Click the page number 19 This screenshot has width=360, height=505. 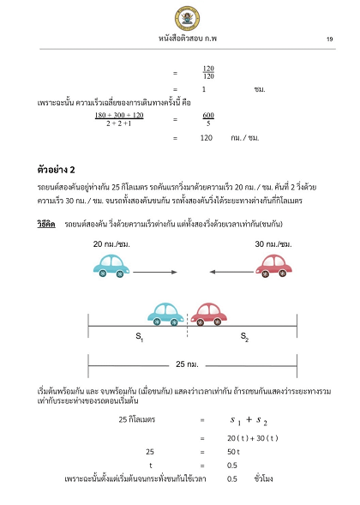(329, 39)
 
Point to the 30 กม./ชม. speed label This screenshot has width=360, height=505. (273, 244)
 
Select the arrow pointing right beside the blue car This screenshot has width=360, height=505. (154, 271)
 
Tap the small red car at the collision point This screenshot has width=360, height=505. (210, 313)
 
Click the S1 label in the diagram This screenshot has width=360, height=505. (140, 338)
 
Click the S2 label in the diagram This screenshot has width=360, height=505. (243, 338)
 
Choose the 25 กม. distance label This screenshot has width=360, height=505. (187, 364)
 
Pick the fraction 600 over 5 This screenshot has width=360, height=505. (208, 119)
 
